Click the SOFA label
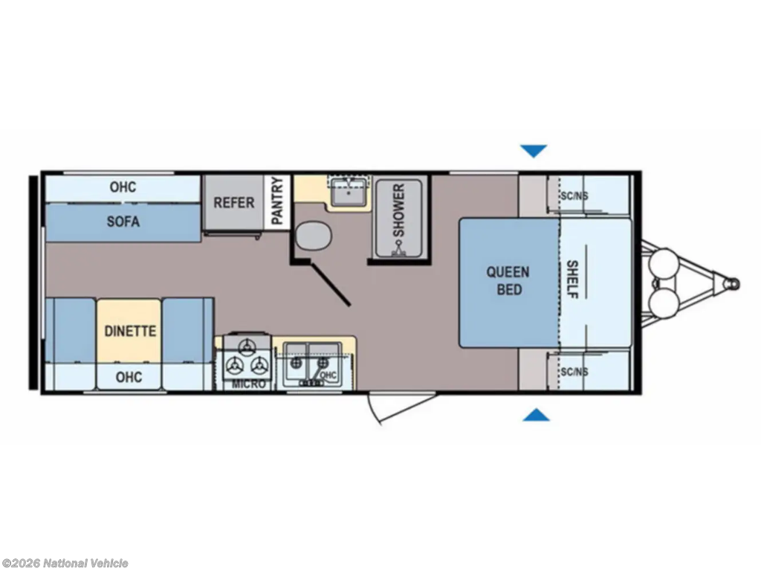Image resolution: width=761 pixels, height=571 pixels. tap(123, 222)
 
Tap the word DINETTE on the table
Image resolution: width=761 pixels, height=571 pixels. tap(130, 331)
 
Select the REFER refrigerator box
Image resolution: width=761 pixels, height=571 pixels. tap(233, 202)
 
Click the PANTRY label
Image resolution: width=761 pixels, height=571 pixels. tap(277, 201)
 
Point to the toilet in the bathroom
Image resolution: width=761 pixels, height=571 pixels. tap(314, 236)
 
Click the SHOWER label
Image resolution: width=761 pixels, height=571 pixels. tap(398, 210)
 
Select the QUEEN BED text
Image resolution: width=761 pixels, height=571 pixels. tap(508, 280)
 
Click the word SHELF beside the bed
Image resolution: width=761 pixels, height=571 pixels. tap(572, 280)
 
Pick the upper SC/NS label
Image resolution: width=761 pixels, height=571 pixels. tap(574, 196)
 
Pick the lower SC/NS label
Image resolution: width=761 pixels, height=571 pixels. tap(574, 372)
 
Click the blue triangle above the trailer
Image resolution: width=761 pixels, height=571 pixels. tap(534, 151)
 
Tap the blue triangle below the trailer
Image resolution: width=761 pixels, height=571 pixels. tap(536, 415)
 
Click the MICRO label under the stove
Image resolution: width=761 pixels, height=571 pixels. tap(248, 384)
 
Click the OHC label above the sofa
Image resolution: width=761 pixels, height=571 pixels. tap(123, 187)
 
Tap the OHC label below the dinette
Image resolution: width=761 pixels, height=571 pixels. tap(129, 377)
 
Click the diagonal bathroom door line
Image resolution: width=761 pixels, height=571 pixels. tap(331, 285)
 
